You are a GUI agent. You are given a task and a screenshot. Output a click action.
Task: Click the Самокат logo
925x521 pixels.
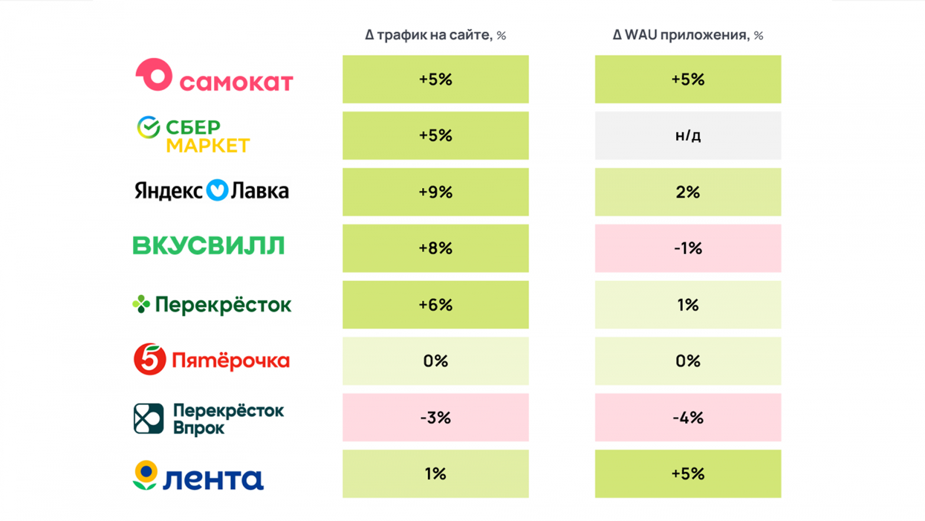click(x=214, y=76)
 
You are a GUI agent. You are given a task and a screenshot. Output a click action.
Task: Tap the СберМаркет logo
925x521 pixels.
click(x=193, y=136)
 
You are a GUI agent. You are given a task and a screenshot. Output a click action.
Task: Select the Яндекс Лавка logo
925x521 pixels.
click(x=212, y=191)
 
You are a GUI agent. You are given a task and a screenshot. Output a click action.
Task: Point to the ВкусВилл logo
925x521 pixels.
click(x=209, y=246)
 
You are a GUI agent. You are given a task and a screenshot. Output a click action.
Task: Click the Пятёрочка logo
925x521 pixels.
click(x=212, y=360)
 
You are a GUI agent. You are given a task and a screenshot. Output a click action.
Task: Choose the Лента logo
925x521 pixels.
click(x=198, y=476)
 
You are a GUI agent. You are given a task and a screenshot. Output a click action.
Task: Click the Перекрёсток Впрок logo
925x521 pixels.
click(x=209, y=418)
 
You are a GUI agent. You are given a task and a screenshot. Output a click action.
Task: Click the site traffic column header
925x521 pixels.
click(x=435, y=35)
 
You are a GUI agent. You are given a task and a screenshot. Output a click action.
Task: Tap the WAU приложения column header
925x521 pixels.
click(x=688, y=35)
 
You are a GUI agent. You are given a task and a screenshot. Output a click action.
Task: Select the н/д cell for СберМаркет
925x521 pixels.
click(x=688, y=136)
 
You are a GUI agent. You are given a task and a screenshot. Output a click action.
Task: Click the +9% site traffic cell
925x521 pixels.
click(x=435, y=192)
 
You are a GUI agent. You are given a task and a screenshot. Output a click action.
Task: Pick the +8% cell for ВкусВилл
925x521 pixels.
click(x=435, y=248)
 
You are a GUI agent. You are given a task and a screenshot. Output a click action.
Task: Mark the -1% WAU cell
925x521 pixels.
click(x=688, y=248)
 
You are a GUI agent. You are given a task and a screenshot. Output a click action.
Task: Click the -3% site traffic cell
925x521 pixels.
click(x=435, y=418)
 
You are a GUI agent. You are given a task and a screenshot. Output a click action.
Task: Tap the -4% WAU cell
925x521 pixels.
click(x=688, y=418)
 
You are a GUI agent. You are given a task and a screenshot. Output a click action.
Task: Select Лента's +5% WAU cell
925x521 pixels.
click(x=688, y=474)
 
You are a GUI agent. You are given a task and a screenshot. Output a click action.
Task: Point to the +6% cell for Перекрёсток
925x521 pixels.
click(x=435, y=304)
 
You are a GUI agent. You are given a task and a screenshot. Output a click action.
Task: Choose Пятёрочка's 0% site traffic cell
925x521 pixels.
click(x=435, y=361)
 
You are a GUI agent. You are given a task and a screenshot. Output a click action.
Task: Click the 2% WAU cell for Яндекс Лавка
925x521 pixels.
click(x=688, y=192)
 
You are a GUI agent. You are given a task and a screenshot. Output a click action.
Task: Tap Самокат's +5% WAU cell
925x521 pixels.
click(x=688, y=79)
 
